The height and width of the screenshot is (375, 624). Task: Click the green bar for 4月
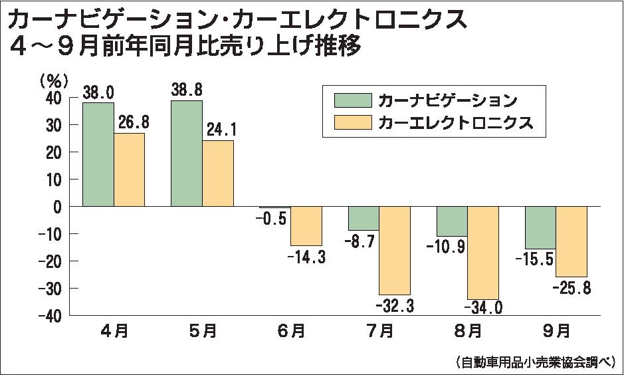click(x=98, y=154)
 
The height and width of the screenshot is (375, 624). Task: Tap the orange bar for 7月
click(x=395, y=250)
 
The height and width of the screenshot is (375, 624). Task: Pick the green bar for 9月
click(x=540, y=227)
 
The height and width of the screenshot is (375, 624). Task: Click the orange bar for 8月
click(x=482, y=253)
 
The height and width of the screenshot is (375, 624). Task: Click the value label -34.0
click(x=484, y=307)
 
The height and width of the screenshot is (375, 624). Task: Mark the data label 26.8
click(x=130, y=122)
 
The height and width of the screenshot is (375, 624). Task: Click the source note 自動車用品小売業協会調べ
click(x=536, y=362)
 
